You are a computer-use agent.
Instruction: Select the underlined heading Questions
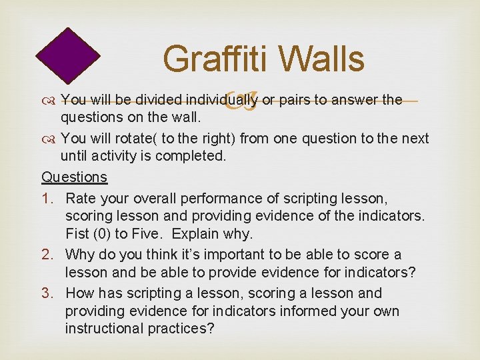point(74,177)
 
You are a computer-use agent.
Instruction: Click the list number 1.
point(48,199)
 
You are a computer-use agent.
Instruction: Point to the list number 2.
point(48,255)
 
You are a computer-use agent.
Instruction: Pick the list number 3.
point(48,293)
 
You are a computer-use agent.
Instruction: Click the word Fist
point(78,235)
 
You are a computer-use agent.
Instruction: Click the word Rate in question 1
point(81,199)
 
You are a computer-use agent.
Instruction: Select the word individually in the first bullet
point(222,101)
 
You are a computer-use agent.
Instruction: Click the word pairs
point(293,101)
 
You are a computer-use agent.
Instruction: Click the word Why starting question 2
point(80,255)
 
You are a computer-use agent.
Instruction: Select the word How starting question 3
point(81,293)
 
